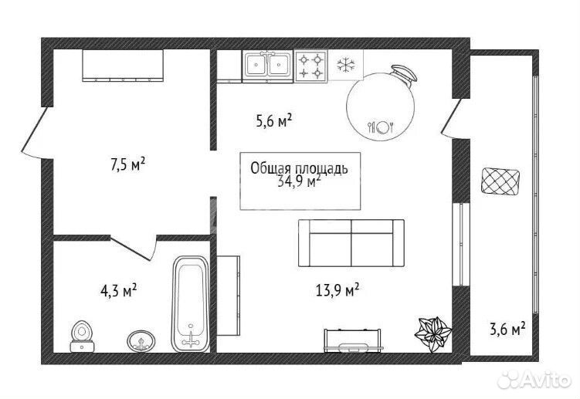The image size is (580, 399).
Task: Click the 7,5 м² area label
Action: (127, 164)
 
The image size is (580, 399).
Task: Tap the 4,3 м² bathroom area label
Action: (119, 291)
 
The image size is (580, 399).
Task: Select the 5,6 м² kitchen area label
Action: (274, 121)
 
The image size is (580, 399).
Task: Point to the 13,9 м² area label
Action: (337, 290)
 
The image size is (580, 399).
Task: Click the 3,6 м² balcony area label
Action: (508, 329)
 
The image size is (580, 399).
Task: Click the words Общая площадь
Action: (299, 168)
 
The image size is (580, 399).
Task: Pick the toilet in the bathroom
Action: (83, 336)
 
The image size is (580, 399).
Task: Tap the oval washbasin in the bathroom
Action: (141, 340)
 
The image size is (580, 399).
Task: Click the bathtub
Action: (191, 303)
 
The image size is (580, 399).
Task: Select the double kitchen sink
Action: (267, 66)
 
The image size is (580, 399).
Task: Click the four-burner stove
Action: (310, 66)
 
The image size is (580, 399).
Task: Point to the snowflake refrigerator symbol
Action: (346, 65)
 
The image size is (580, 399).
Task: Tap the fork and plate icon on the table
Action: (381, 127)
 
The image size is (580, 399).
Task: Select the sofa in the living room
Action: (351, 243)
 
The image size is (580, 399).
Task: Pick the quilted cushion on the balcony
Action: (501, 181)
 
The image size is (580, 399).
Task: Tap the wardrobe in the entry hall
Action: (123, 65)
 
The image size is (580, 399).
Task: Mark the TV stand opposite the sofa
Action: (352, 340)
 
